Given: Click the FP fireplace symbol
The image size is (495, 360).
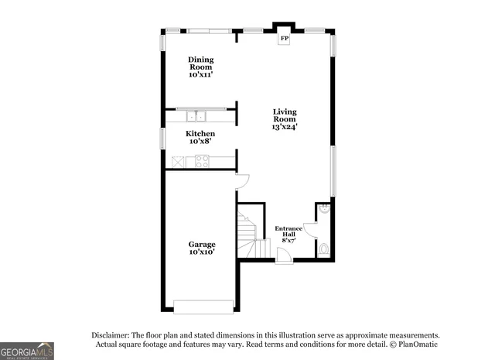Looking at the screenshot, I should click(x=284, y=38).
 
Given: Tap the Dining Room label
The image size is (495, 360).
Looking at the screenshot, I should click(x=200, y=67).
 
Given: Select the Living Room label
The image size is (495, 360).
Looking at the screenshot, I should click(x=284, y=119).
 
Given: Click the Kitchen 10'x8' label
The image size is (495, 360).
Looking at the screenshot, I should click(x=200, y=137).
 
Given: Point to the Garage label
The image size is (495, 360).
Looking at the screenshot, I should click(x=202, y=248).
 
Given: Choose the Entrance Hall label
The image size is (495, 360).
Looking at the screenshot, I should click(x=288, y=234).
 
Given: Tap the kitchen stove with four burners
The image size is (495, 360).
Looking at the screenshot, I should click(x=202, y=161).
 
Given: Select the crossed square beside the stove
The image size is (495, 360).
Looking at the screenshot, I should click(x=179, y=161).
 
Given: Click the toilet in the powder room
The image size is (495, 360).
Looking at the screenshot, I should click(x=323, y=249).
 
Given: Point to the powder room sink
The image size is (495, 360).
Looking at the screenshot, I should click(x=325, y=208).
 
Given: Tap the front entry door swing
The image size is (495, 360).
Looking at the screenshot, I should click(x=283, y=255).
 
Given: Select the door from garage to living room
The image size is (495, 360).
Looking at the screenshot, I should click(x=242, y=181).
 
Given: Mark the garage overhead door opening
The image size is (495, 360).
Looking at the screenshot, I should click(x=203, y=307).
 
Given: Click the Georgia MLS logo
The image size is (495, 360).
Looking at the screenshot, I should click(x=27, y=350).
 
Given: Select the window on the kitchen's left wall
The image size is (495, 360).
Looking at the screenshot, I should click(x=162, y=138).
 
